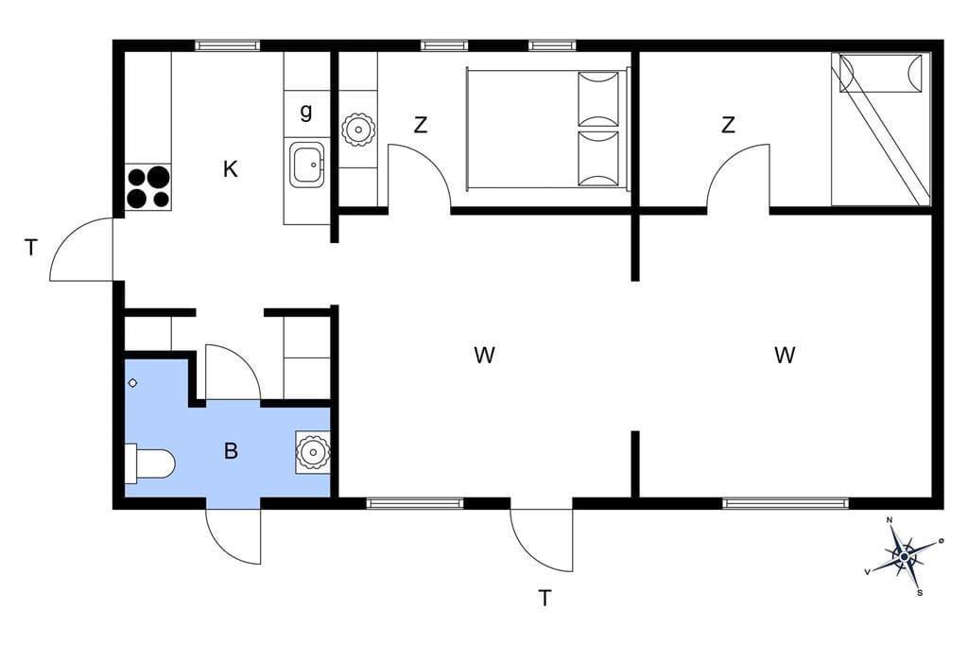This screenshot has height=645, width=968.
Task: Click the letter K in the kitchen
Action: [x=231, y=168]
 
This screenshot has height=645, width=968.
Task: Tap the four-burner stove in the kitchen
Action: [x=148, y=186]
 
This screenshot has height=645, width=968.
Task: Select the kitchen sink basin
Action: [x=307, y=165]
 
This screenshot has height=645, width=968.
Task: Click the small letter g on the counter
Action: [x=306, y=112]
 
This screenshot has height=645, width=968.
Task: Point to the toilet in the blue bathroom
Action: [x=150, y=462]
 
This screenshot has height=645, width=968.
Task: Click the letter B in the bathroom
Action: [x=231, y=451]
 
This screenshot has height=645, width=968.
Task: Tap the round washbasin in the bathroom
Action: [x=312, y=452]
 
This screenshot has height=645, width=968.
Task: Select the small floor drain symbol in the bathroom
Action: [x=132, y=383]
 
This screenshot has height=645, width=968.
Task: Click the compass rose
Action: [x=905, y=557]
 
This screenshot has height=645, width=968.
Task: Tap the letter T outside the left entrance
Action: [x=31, y=248]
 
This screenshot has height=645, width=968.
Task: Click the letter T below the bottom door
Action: [x=544, y=598]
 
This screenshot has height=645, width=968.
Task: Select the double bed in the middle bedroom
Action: [x=547, y=128]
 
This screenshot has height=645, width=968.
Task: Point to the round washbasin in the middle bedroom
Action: [x=358, y=130]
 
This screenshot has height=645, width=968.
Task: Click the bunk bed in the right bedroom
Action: [x=881, y=130]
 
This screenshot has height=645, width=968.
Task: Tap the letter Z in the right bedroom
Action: [x=729, y=125]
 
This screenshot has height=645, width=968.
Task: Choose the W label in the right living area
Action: [x=785, y=356]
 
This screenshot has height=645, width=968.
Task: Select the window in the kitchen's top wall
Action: [x=227, y=45]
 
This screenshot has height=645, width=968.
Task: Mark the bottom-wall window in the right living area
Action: [x=786, y=503]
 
